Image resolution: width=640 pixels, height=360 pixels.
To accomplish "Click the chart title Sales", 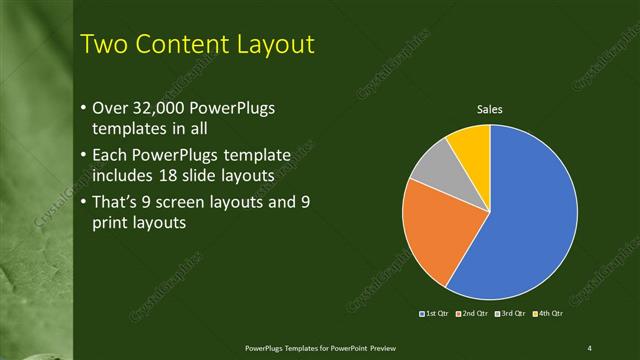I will click(489, 109).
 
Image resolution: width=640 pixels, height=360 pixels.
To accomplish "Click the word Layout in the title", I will click(279, 44).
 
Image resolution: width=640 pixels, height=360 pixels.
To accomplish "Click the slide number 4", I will click(590, 347).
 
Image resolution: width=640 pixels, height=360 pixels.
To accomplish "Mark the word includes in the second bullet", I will click(122, 176).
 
